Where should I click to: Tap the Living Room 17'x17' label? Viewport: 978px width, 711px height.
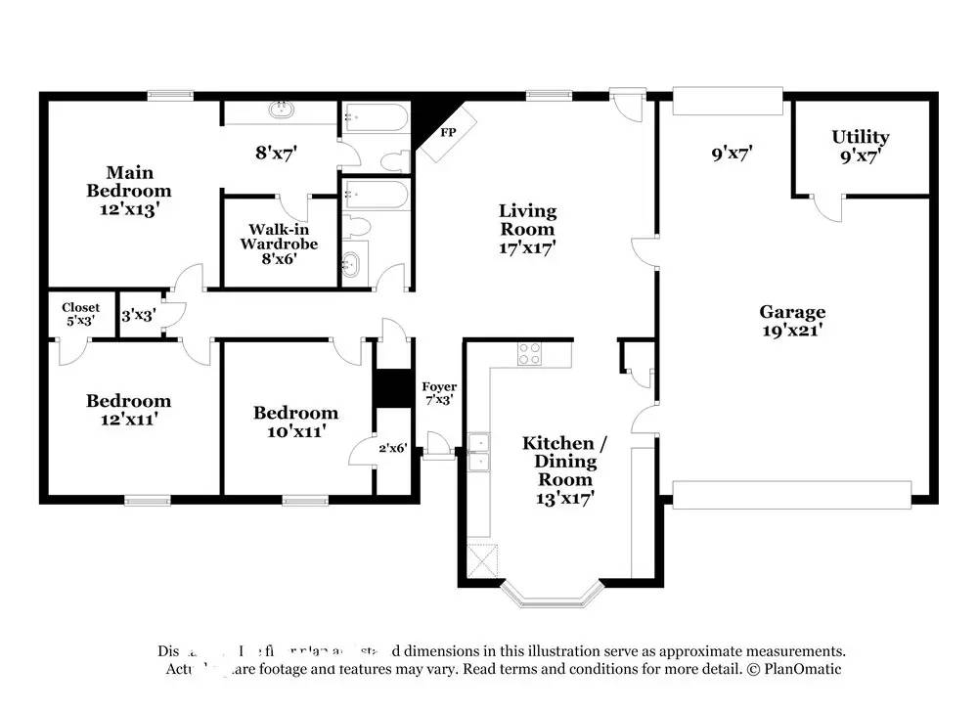click(527, 229)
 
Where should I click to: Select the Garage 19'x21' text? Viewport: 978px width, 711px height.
click(792, 321)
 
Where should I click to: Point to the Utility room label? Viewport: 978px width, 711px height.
click(860, 145)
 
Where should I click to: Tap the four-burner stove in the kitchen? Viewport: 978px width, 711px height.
click(529, 354)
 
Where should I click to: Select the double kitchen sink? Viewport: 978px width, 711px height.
click(479, 453)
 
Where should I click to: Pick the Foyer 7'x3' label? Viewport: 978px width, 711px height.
click(438, 393)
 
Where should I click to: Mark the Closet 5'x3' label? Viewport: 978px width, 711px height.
click(80, 314)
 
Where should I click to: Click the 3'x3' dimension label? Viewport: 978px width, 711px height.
click(137, 316)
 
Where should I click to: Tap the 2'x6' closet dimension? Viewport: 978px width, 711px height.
click(393, 447)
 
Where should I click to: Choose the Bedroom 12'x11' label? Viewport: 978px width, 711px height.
click(128, 409)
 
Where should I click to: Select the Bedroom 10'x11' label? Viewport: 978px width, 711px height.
click(295, 421)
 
